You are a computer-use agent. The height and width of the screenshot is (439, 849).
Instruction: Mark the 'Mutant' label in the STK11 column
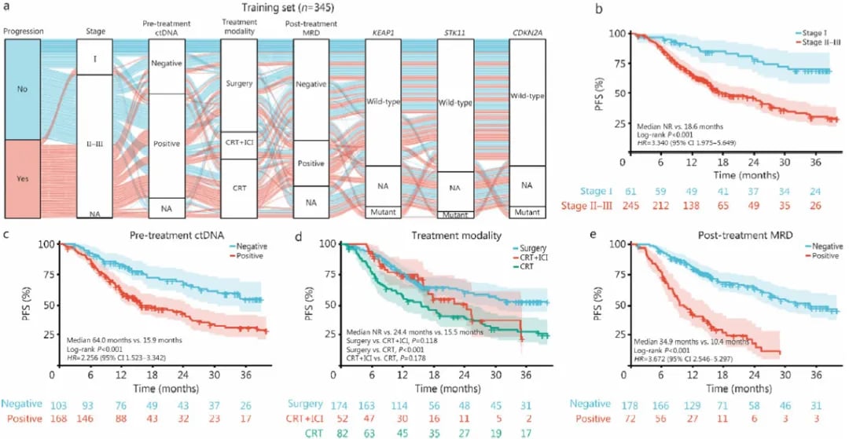pos(455,214)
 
